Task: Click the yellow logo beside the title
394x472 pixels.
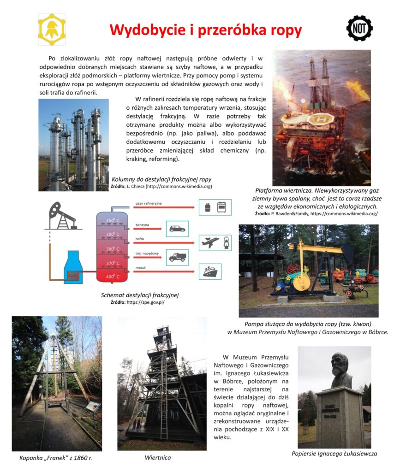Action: (x=52, y=29)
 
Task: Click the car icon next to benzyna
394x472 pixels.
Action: (x=177, y=229)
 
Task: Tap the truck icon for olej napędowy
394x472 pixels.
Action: (x=177, y=257)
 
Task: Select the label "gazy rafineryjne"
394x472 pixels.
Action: (x=149, y=203)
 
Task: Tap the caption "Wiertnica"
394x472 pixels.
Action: (x=158, y=458)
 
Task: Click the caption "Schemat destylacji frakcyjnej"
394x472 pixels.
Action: (x=139, y=295)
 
